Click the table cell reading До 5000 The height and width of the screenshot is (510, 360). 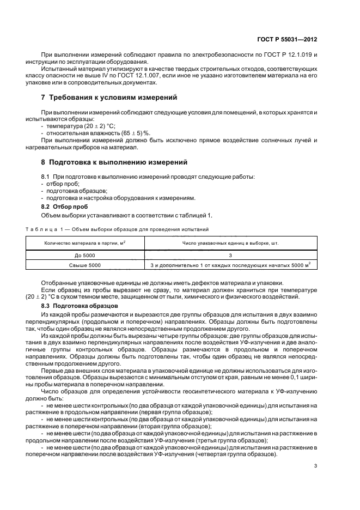pos(84,255)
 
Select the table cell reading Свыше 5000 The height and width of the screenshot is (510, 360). pos(84,265)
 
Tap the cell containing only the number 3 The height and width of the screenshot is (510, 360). pos(230,255)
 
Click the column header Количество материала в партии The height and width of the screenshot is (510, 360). pos(84,243)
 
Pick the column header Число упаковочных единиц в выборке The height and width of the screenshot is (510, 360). pos(230,243)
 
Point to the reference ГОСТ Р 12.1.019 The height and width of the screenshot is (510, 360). pos(284,56)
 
